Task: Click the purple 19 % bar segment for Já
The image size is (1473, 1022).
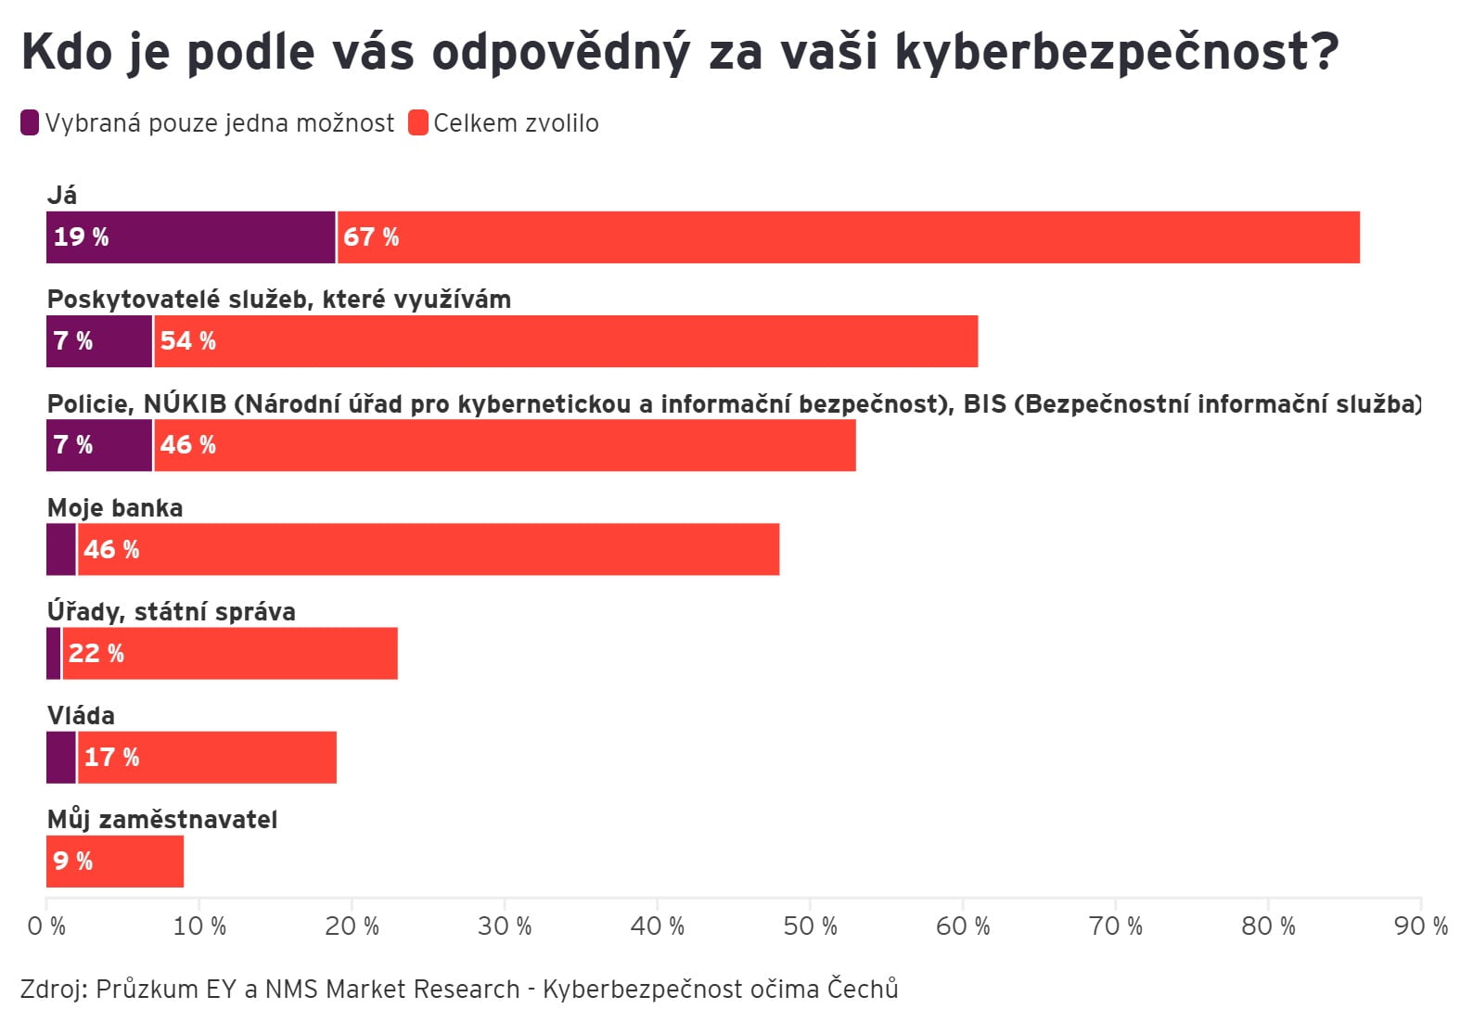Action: [x=190, y=237]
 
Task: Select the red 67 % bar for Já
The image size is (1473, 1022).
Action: [x=849, y=237]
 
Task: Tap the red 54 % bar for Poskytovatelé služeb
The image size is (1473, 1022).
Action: [x=566, y=341]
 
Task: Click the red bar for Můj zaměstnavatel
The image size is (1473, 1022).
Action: [x=115, y=862]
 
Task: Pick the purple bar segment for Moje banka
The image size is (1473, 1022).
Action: [x=61, y=549]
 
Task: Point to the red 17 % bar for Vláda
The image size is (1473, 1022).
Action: [x=207, y=758]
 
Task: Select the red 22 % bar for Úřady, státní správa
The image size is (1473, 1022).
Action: [x=230, y=654]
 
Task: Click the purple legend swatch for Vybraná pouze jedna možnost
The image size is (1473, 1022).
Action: [x=30, y=122]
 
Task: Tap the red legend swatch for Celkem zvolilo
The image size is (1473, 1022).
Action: [x=418, y=122]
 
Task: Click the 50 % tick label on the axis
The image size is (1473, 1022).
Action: [x=810, y=926]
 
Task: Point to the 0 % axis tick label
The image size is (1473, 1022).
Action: [x=46, y=926]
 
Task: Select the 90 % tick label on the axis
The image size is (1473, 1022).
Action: [x=1420, y=926]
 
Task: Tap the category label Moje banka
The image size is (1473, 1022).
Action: [x=115, y=508]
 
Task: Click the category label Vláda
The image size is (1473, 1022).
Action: [x=81, y=716]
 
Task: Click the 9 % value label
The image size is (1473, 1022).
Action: [x=73, y=862]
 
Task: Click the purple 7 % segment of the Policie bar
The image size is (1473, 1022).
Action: [x=99, y=445]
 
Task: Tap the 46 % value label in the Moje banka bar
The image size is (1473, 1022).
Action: [x=111, y=550]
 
